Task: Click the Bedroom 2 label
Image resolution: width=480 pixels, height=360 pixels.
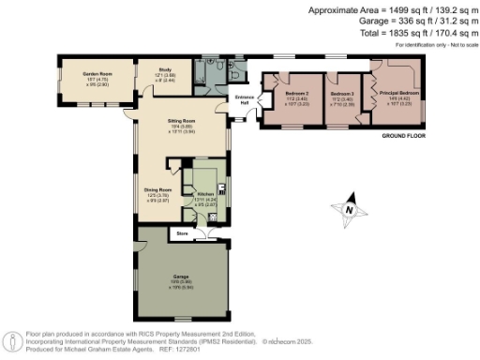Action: click(x=298, y=94)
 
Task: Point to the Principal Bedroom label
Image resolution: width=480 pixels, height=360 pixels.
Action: click(x=394, y=94)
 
